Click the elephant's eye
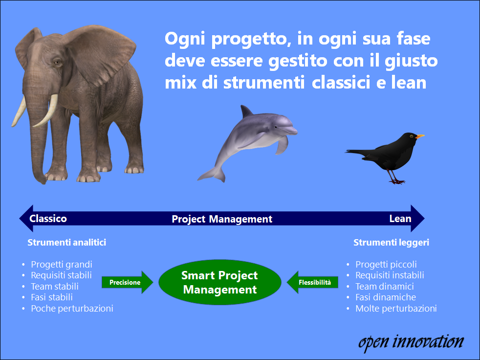click(57, 63)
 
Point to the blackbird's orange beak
click(420, 136)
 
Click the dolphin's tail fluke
click(213, 175)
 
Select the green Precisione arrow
click(128, 282)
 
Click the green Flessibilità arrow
click(312, 282)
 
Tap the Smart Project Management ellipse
click(220, 282)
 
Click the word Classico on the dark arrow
click(48, 219)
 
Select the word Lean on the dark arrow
click(400, 219)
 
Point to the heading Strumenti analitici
click(67, 242)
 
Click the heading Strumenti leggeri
click(391, 242)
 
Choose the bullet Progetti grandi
click(62, 265)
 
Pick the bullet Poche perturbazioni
click(72, 308)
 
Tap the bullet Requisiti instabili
click(390, 275)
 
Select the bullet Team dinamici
click(385, 286)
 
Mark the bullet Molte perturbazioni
click(396, 308)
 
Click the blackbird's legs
click(395, 177)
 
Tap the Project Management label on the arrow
click(222, 219)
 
